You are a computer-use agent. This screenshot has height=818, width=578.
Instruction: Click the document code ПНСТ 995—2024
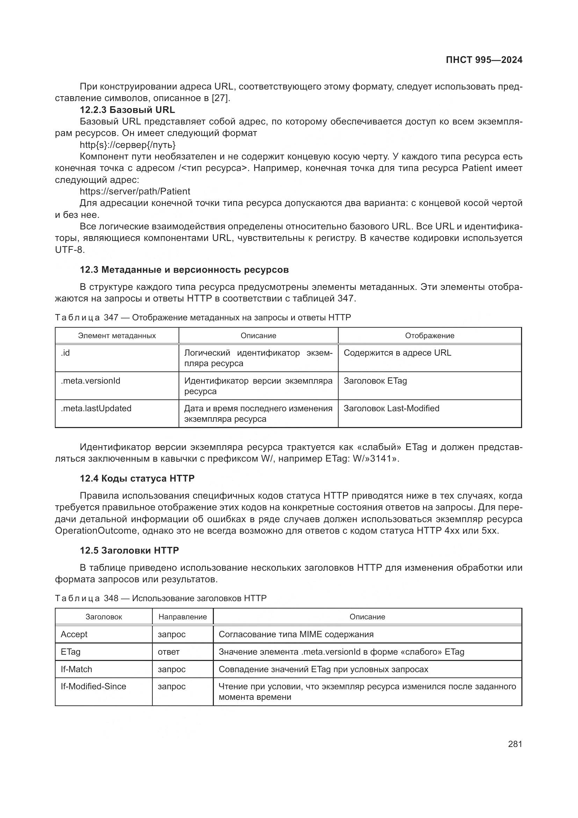[484, 60]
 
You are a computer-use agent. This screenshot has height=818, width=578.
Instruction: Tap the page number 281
[515, 744]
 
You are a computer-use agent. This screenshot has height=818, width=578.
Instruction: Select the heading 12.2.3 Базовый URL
[127, 110]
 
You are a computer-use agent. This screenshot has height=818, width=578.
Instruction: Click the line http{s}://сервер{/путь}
[128, 145]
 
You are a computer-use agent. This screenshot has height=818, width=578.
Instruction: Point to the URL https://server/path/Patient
[135, 191]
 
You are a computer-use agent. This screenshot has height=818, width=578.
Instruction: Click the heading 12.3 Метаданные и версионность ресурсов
[184, 270]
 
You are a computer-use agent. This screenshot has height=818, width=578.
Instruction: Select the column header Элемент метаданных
[117, 336]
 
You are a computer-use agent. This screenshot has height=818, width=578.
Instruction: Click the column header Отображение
[429, 336]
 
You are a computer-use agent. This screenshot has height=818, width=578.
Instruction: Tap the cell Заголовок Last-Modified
[391, 408]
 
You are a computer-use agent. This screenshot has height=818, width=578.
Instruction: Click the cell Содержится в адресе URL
[397, 353]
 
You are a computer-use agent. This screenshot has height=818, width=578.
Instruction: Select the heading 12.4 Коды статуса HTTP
[137, 478]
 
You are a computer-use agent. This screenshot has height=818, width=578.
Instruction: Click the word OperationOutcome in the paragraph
[96, 531]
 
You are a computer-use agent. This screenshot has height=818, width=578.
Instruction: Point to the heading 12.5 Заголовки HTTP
[129, 550]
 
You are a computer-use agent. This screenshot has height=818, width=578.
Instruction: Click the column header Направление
[182, 617]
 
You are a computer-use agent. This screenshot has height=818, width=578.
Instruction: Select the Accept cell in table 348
[74, 634]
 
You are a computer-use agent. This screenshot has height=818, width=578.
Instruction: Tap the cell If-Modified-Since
[93, 686]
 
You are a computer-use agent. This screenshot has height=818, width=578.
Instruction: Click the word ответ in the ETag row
[169, 652]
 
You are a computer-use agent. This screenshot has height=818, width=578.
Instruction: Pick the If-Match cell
[76, 669]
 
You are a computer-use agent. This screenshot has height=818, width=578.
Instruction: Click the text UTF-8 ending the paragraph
[70, 250]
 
